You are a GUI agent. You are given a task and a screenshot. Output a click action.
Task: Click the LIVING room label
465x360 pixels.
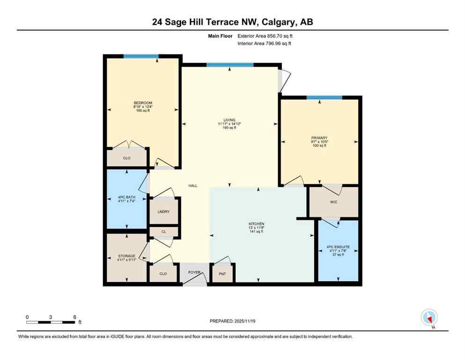[x=229, y=120]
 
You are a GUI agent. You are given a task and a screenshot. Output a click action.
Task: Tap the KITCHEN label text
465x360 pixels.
[x=257, y=224]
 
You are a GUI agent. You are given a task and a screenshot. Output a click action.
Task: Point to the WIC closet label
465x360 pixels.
[x=333, y=202]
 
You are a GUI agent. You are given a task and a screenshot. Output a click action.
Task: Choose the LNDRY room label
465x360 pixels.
[x=163, y=212]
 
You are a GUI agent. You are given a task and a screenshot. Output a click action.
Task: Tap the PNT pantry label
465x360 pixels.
[x=222, y=274]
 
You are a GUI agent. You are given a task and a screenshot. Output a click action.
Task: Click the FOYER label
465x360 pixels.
[x=194, y=271]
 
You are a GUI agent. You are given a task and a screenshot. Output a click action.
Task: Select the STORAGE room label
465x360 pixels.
[x=126, y=256]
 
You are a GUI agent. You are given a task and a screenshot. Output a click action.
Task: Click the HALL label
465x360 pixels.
[x=193, y=186]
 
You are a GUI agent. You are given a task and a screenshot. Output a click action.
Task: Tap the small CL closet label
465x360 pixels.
[x=163, y=232]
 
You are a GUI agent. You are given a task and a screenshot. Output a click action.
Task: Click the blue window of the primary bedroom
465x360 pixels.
[x=324, y=97]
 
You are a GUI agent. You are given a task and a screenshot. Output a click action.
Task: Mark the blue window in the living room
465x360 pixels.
[x=229, y=65]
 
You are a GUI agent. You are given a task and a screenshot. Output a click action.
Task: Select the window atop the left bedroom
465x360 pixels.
[x=140, y=57]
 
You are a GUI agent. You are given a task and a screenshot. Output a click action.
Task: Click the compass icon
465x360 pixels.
[x=429, y=317]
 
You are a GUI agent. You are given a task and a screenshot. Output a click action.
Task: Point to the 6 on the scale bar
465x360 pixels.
[x=75, y=317]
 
